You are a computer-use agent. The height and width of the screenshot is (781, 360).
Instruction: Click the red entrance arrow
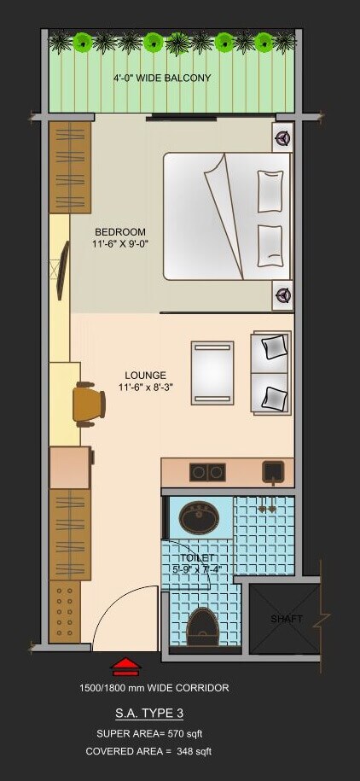pyautogui.click(x=125, y=666)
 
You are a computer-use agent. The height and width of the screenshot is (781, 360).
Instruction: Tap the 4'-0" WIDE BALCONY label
pyautogui.click(x=162, y=79)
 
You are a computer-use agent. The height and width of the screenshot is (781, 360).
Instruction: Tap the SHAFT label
pyautogui.click(x=287, y=619)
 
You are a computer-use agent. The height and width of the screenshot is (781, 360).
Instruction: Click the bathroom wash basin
pyautogui.click(x=199, y=516)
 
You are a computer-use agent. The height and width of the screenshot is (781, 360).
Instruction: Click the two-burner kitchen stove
pyautogui.click(x=206, y=471)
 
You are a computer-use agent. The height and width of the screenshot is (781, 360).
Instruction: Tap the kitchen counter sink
pyautogui.click(x=273, y=470)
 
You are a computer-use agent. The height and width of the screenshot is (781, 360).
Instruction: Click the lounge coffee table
pyautogui.click(x=212, y=372)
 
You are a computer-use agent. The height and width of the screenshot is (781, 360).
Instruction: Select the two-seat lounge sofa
pyautogui.click(x=271, y=372)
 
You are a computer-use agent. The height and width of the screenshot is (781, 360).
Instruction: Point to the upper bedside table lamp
pyautogui.click(x=282, y=136)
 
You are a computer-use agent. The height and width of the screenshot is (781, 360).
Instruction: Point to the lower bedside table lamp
pyautogui.click(x=282, y=295)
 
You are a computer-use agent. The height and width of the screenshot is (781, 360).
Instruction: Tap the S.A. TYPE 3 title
pyautogui.click(x=149, y=714)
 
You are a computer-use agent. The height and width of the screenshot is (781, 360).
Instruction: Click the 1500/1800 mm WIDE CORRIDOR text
pyautogui.click(x=154, y=688)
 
